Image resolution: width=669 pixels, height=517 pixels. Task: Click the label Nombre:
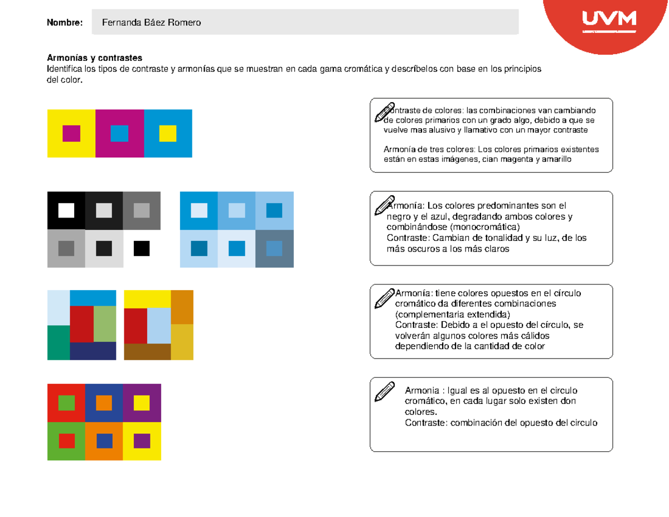point(65,22)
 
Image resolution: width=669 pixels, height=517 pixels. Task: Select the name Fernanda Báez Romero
point(151,22)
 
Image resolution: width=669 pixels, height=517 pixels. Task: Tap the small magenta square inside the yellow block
point(71,134)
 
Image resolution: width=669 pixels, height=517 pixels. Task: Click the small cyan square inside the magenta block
point(119,134)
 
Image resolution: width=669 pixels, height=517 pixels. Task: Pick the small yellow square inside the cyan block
point(168,134)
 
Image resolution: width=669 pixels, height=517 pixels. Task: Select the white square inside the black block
point(66,210)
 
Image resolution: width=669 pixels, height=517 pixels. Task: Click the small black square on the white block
point(142,248)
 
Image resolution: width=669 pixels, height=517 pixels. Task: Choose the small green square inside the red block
point(66,402)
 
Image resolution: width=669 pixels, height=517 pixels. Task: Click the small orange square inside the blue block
point(104,402)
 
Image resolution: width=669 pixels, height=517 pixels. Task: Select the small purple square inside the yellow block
point(142,441)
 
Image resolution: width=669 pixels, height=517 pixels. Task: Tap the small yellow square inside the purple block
point(142,402)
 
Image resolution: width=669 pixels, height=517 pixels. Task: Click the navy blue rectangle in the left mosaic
point(93,351)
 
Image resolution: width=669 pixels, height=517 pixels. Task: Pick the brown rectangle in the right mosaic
point(147,352)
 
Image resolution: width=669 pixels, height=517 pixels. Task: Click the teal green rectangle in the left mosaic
point(58,342)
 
